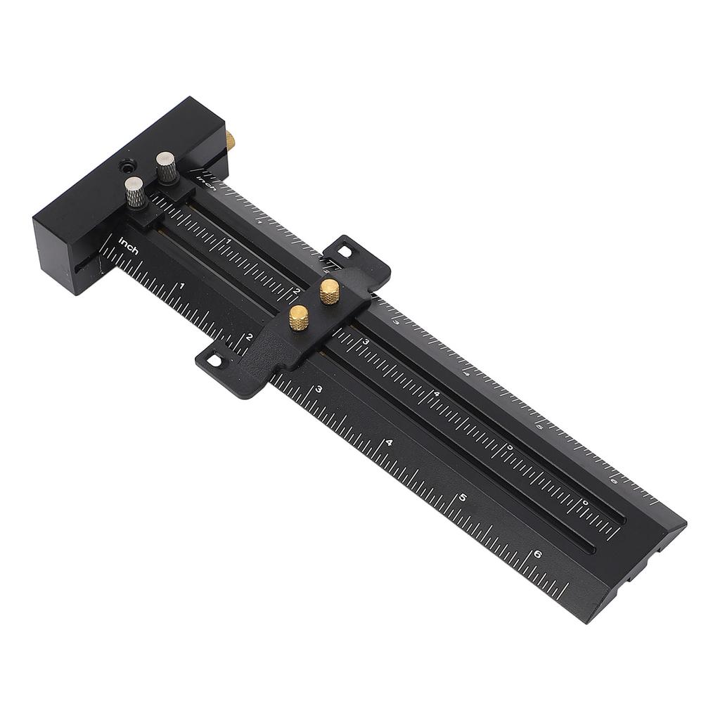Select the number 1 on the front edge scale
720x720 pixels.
182,285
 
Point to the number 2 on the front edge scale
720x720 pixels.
249,337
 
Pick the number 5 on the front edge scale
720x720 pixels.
462,498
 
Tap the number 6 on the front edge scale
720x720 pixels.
538,553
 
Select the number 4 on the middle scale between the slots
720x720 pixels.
437,393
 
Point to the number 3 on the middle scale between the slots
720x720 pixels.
366,341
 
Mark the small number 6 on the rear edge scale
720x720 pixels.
613,481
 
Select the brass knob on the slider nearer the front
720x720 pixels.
299,318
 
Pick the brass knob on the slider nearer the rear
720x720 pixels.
329,290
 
